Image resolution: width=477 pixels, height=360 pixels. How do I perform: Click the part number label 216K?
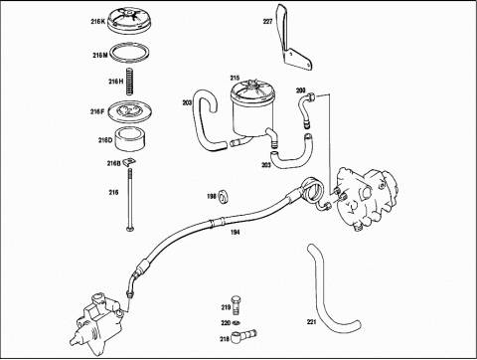tap(98, 22)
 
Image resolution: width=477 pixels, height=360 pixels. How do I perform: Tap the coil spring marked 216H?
tap(130, 82)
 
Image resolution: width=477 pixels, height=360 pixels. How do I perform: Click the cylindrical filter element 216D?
tap(130, 139)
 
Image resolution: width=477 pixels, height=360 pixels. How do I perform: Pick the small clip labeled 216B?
tap(130, 162)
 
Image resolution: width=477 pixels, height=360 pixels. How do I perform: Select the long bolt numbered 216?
tap(129, 199)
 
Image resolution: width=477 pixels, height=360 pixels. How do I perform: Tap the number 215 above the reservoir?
tap(235, 78)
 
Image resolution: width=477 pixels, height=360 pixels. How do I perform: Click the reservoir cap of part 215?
tap(252, 91)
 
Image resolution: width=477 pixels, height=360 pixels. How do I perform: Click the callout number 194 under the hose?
tap(235, 233)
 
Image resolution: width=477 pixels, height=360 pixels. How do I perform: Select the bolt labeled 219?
tap(237, 304)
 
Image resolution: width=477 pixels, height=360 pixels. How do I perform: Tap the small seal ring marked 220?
tap(237, 322)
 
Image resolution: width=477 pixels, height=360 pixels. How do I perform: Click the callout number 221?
tap(311, 321)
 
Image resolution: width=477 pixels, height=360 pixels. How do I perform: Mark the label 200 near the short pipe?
tap(300, 90)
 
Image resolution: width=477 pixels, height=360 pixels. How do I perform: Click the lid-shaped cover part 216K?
tap(130, 21)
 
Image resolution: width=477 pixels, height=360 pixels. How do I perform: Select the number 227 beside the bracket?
tap(267, 22)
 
